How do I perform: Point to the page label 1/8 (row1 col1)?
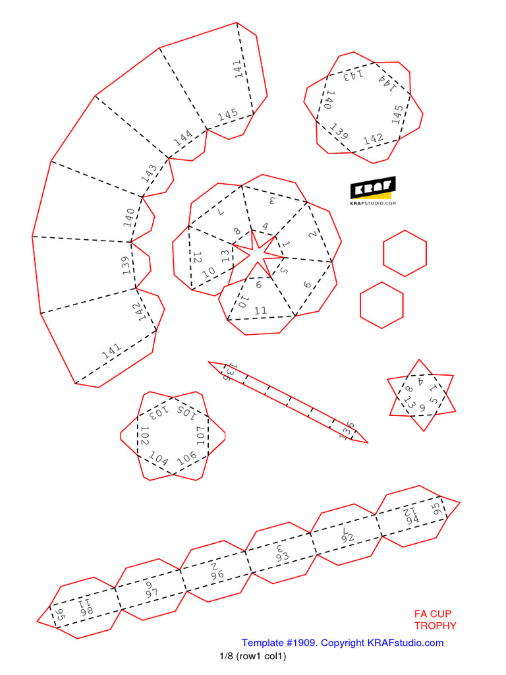click(x=253, y=657)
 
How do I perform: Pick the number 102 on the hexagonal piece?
click(x=145, y=435)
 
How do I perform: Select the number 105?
click(x=185, y=413)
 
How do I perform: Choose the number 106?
click(x=187, y=457)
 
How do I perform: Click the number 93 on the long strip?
click(x=282, y=556)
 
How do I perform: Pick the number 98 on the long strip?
click(x=86, y=611)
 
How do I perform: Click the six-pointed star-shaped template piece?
click(x=421, y=396)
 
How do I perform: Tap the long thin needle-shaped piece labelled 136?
click(x=288, y=401)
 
